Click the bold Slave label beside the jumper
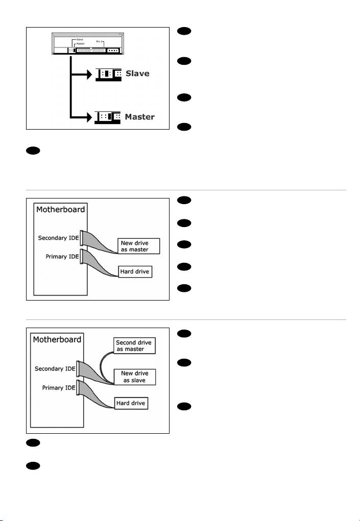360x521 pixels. [x=137, y=73]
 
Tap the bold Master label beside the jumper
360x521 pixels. [x=140, y=117]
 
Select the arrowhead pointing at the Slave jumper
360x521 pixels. [x=90, y=73]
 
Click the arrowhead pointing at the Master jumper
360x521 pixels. [x=90, y=117]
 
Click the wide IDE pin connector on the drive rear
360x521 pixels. [x=90, y=51]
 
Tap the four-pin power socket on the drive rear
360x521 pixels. [x=113, y=51]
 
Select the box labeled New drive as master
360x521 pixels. [x=138, y=246]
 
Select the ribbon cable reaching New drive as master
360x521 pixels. [x=102, y=242]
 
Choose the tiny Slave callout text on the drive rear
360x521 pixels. [x=79, y=39]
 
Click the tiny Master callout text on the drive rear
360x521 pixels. [x=80, y=43]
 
